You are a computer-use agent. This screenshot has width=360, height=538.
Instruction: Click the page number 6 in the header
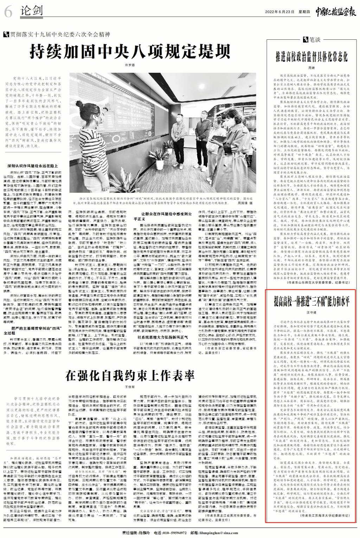[8, 12]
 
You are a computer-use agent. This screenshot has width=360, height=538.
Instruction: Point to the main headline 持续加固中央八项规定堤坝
[132, 51]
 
